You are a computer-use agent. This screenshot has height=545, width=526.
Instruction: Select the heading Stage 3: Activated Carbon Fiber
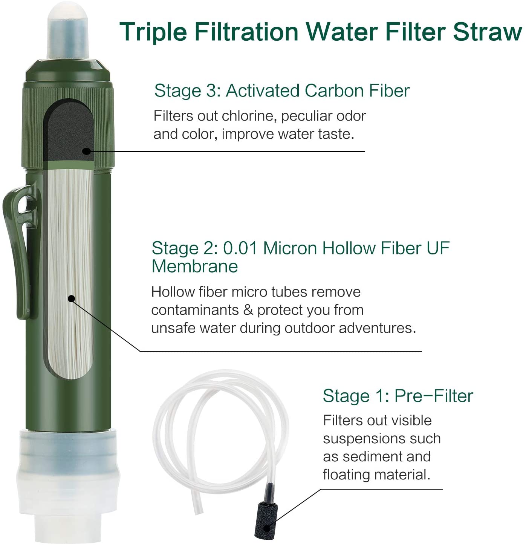(x=281, y=91)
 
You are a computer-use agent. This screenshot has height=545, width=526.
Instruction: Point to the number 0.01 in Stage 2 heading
(x=240, y=248)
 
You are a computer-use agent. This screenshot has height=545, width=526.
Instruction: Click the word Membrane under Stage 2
(x=194, y=266)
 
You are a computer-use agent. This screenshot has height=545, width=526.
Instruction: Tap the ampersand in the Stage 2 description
(x=248, y=310)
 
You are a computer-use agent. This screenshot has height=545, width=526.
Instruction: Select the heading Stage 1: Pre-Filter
(x=398, y=396)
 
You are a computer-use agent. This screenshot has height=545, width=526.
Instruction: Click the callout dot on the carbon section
(x=87, y=152)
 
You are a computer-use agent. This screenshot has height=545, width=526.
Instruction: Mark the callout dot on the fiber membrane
(x=71, y=299)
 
